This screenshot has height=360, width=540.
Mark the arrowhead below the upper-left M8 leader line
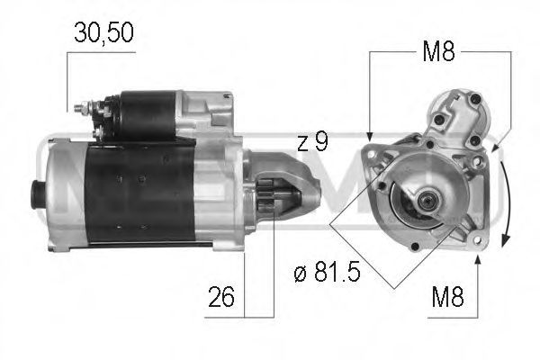(370, 134)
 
